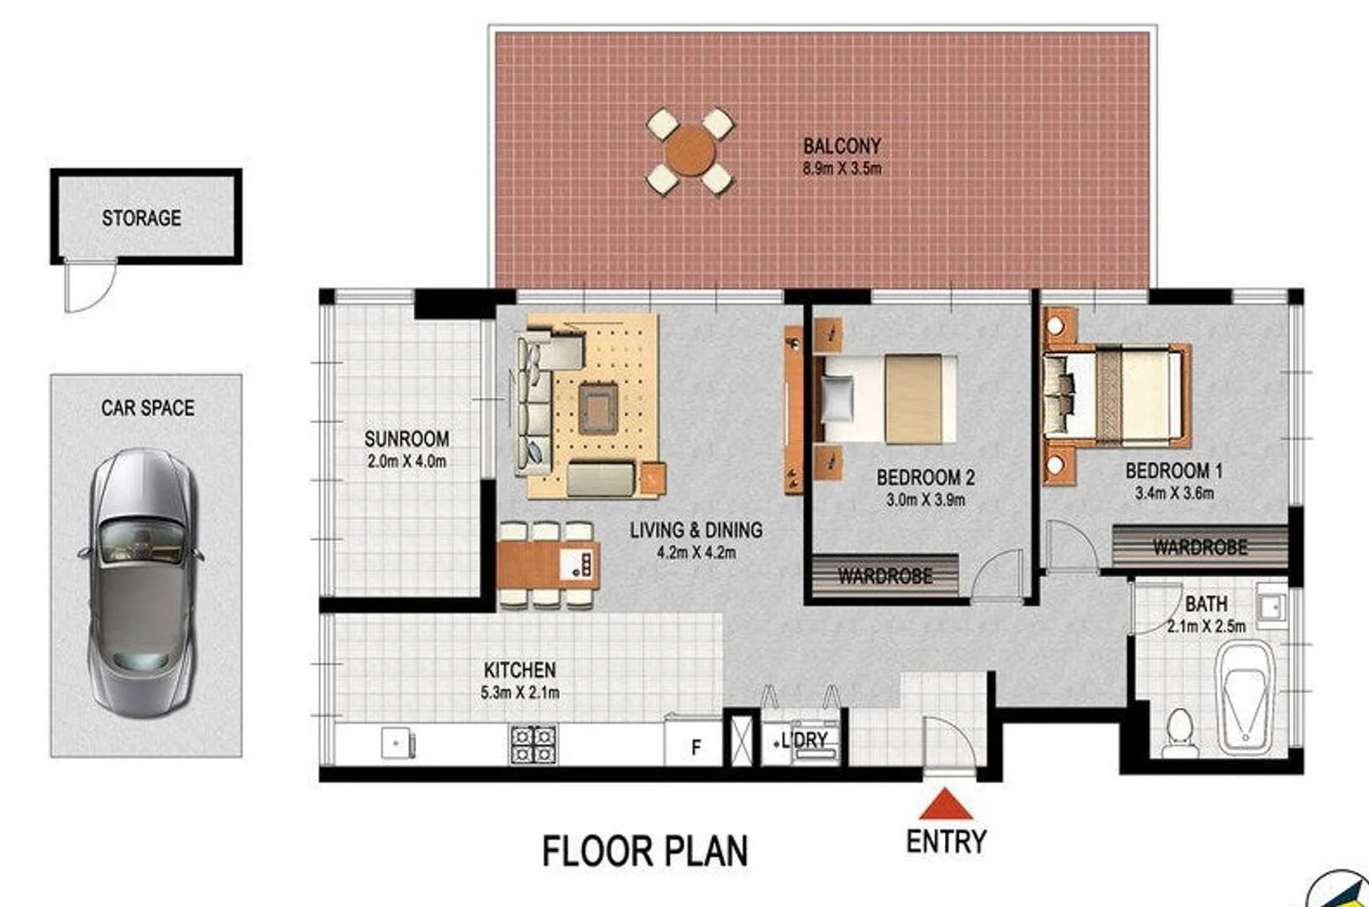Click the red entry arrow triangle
tap(946, 805)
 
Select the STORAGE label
tap(141, 218)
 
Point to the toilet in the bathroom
tap(1180, 732)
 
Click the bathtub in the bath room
tap(1245, 696)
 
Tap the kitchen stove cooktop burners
tap(533, 745)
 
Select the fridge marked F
tap(695, 747)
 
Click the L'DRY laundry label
tap(804, 741)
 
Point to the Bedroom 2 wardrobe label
tap(885, 576)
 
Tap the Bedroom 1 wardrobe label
tap(1199, 548)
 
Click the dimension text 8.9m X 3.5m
tap(842, 168)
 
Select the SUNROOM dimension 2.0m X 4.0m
tap(407, 461)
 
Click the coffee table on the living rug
tap(598, 408)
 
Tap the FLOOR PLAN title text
tap(644, 851)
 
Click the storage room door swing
tap(88, 286)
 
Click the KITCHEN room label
tap(519, 670)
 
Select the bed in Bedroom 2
tap(886, 399)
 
